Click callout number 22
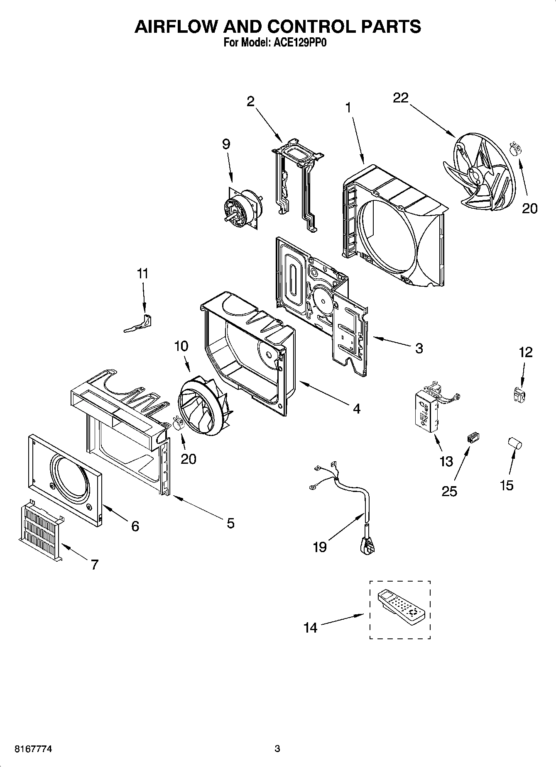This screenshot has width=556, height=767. [x=401, y=98]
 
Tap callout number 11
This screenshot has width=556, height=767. [x=142, y=274]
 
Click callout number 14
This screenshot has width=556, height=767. [x=310, y=628]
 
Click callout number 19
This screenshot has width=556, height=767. [x=320, y=547]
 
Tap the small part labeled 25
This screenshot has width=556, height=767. [x=473, y=438]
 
